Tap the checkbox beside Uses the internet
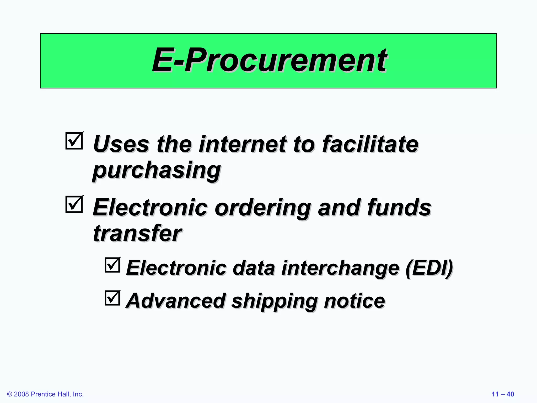tap(74, 141)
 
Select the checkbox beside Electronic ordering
tap(74, 204)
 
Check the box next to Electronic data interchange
tap(112, 265)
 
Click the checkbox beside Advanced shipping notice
tap(112, 298)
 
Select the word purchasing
tap(157, 171)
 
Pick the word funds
tap(399, 208)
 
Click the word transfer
tap(137, 233)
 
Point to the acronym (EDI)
tap(429, 268)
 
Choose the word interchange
tap(340, 268)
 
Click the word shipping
tap(275, 301)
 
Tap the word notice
tap(355, 301)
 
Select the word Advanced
tap(176, 301)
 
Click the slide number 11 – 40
tap(503, 394)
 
